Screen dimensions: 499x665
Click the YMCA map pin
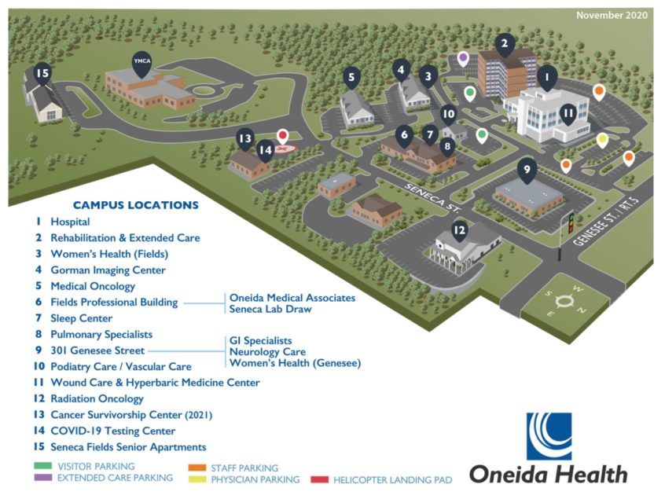141,64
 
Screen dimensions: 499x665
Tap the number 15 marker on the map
42,74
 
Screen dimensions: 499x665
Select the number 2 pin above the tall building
505,44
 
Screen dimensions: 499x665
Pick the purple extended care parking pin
464,58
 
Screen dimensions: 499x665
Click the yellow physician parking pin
602,141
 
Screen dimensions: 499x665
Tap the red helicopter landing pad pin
283,136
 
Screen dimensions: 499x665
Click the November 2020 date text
612,16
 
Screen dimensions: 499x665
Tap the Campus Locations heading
136,205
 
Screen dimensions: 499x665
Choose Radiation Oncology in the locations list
97,399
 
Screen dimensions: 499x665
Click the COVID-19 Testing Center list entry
112,431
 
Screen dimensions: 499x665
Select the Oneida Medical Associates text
292,298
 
